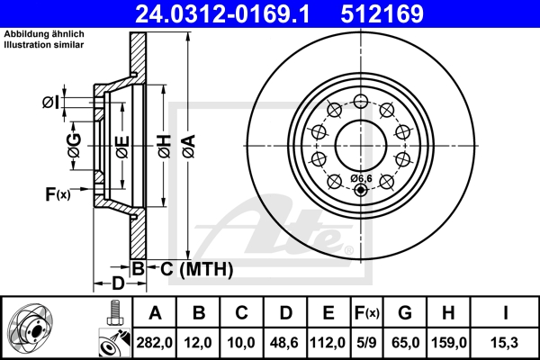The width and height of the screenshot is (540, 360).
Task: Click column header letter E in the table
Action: (x=328, y=313)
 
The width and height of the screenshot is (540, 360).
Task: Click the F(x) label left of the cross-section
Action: (x=56, y=193)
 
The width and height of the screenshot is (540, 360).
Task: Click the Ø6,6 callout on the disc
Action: (x=362, y=177)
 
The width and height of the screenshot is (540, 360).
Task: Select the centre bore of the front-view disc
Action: (x=363, y=140)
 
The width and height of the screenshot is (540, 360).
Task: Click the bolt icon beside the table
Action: (x=113, y=315)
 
